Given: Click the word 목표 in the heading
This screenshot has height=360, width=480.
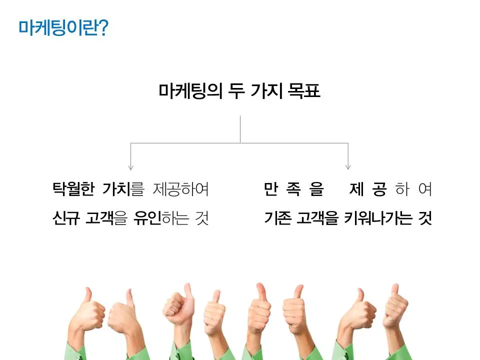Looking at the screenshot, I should pyautogui.click(x=304, y=91).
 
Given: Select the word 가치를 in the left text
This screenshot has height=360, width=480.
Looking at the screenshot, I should pyautogui.click(x=122, y=189).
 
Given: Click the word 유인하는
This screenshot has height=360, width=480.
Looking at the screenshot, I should pyautogui.click(x=161, y=218).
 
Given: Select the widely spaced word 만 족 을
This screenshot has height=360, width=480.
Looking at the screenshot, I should pyautogui.click(x=294, y=189).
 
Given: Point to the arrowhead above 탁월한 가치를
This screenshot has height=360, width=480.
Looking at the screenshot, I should pyautogui.click(x=130, y=167).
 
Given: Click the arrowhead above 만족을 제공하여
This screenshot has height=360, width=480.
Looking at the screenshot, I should pyautogui.click(x=348, y=167).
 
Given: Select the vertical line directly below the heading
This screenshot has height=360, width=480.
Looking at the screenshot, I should pyautogui.click(x=240, y=129).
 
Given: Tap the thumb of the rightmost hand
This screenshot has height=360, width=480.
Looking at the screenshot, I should pyautogui.click(x=394, y=290).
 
